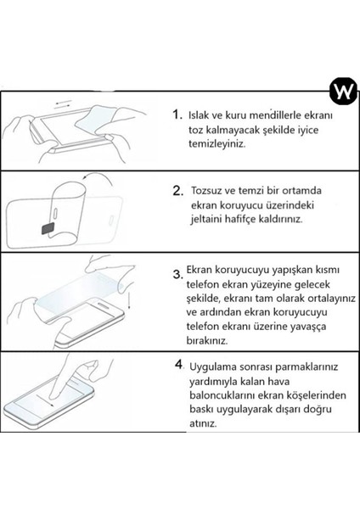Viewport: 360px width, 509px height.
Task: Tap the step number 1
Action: [177, 115]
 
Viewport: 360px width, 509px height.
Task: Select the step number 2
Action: [178, 191]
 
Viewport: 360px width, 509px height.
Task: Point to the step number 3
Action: [177, 273]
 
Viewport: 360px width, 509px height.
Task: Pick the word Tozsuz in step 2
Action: [208, 191]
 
